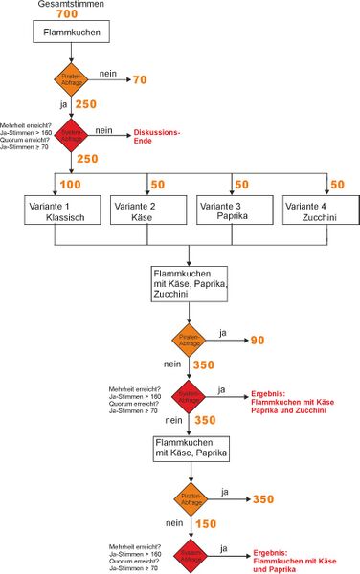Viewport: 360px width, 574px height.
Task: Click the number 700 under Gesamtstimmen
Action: (68, 16)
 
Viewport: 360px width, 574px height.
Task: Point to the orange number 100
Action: (70, 184)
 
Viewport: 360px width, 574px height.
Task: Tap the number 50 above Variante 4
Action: (337, 184)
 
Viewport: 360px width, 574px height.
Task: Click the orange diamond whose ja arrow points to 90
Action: (190, 340)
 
